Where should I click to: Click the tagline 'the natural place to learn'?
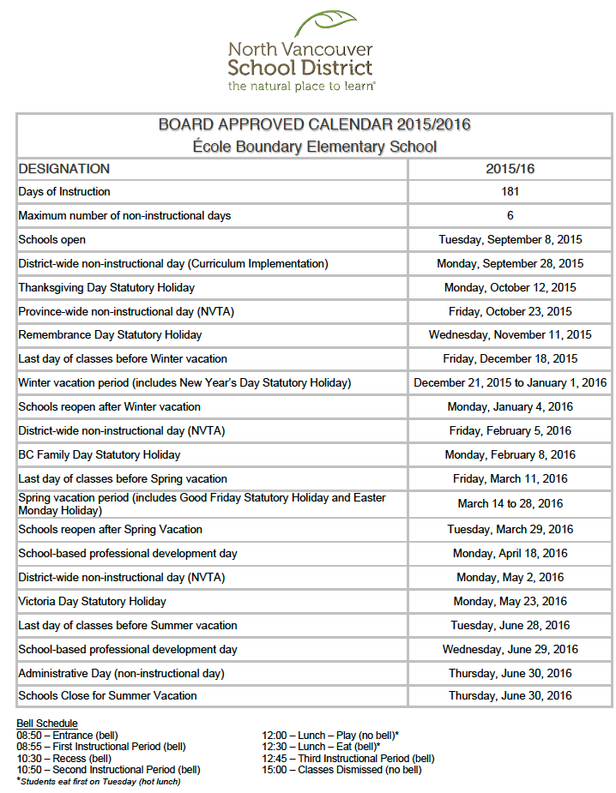(x=301, y=86)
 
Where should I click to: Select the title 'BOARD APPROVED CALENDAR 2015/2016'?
(x=314, y=125)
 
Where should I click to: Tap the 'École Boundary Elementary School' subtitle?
(x=314, y=147)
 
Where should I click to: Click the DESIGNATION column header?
(x=64, y=169)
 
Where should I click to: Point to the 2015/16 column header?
(x=510, y=169)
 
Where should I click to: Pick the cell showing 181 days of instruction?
(x=510, y=192)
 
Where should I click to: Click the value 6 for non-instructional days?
(x=510, y=216)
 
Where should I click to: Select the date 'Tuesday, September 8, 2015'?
(x=510, y=240)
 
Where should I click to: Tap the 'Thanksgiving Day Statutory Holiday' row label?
(x=106, y=288)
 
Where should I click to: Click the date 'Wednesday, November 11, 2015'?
(x=510, y=335)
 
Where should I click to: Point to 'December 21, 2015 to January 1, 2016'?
(x=510, y=383)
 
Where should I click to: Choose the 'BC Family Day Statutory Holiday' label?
(x=100, y=454)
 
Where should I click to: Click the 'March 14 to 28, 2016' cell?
(x=510, y=504)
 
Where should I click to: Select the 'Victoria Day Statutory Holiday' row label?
(x=93, y=602)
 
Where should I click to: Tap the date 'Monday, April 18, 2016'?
(x=510, y=554)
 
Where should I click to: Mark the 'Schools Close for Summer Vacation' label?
(x=107, y=695)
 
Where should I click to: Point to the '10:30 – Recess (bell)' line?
(x=63, y=759)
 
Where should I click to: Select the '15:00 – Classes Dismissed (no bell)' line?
(x=341, y=770)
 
